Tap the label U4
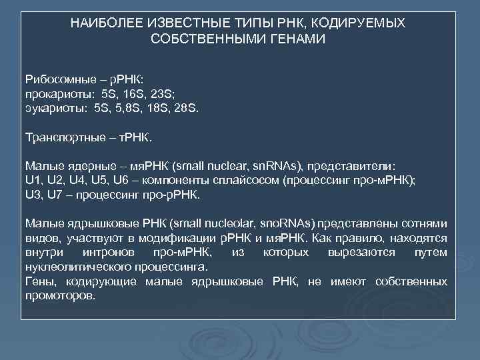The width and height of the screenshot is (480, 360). pyautogui.click(x=83, y=181)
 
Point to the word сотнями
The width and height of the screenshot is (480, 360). pyautogui.click(x=425, y=225)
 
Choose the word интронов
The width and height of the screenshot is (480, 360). pyautogui.click(x=109, y=254)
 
